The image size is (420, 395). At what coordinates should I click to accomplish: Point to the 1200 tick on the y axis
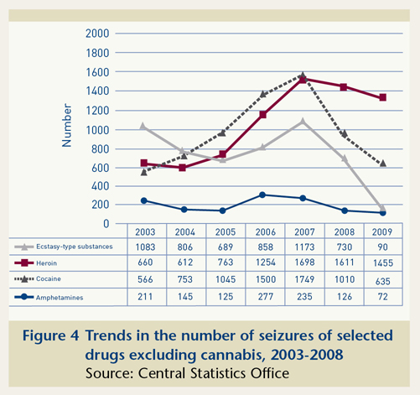coord(97,111)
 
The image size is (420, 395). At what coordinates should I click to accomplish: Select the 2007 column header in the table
coord(302,231)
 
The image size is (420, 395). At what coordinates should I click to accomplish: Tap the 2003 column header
coord(143,231)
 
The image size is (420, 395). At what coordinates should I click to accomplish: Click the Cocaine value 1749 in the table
coord(302,278)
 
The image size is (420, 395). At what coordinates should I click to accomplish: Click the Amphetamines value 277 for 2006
coord(262,294)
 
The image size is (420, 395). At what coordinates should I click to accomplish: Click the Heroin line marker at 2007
coord(302,80)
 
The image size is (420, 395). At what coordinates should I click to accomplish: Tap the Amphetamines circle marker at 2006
coord(262,195)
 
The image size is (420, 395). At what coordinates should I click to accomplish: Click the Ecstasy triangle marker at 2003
coord(143,126)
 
